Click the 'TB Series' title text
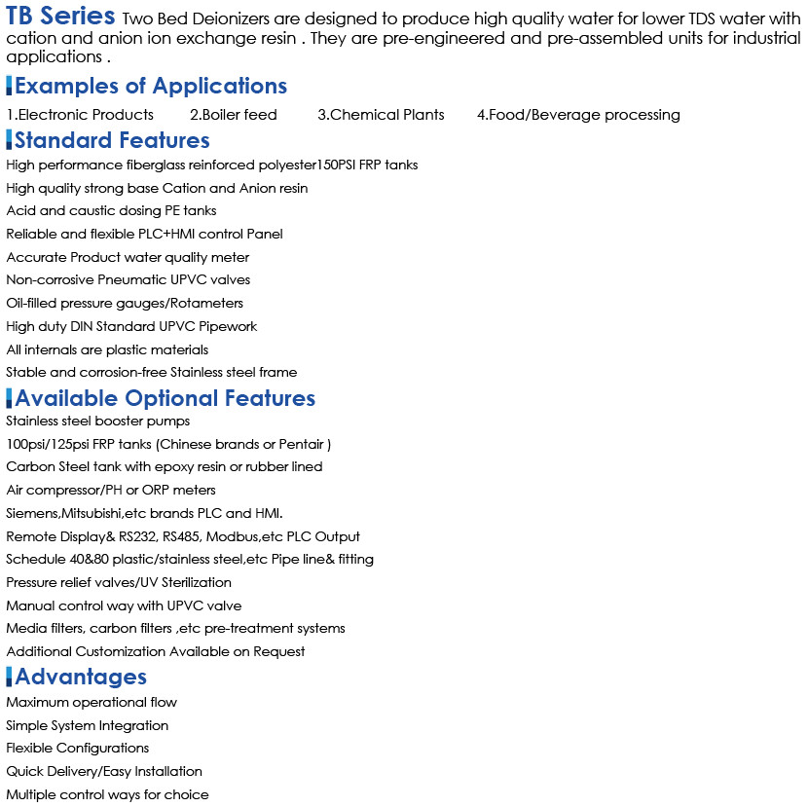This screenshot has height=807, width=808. (61, 17)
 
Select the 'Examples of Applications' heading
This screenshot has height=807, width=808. (151, 86)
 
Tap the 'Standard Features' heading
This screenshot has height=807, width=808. (112, 140)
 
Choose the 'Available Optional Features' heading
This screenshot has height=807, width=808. (165, 398)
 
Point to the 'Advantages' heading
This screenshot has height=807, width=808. (81, 677)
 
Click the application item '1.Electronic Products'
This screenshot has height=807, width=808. (80, 115)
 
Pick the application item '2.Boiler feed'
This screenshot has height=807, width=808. (234, 115)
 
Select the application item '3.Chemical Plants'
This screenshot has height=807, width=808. (381, 115)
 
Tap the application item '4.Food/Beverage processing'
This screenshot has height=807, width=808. (578, 115)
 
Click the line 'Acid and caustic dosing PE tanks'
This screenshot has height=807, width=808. (111, 211)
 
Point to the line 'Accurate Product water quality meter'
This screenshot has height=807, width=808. (128, 258)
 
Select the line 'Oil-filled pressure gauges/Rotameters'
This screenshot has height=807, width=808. (125, 304)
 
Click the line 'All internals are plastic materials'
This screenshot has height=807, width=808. (107, 349)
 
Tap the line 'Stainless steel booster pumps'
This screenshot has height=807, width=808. (97, 422)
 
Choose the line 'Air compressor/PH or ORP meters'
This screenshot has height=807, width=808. (111, 491)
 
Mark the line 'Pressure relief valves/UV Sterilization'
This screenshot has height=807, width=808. (119, 583)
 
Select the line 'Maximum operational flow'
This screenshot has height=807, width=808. (92, 703)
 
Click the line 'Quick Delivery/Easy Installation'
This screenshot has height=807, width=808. (104, 772)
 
